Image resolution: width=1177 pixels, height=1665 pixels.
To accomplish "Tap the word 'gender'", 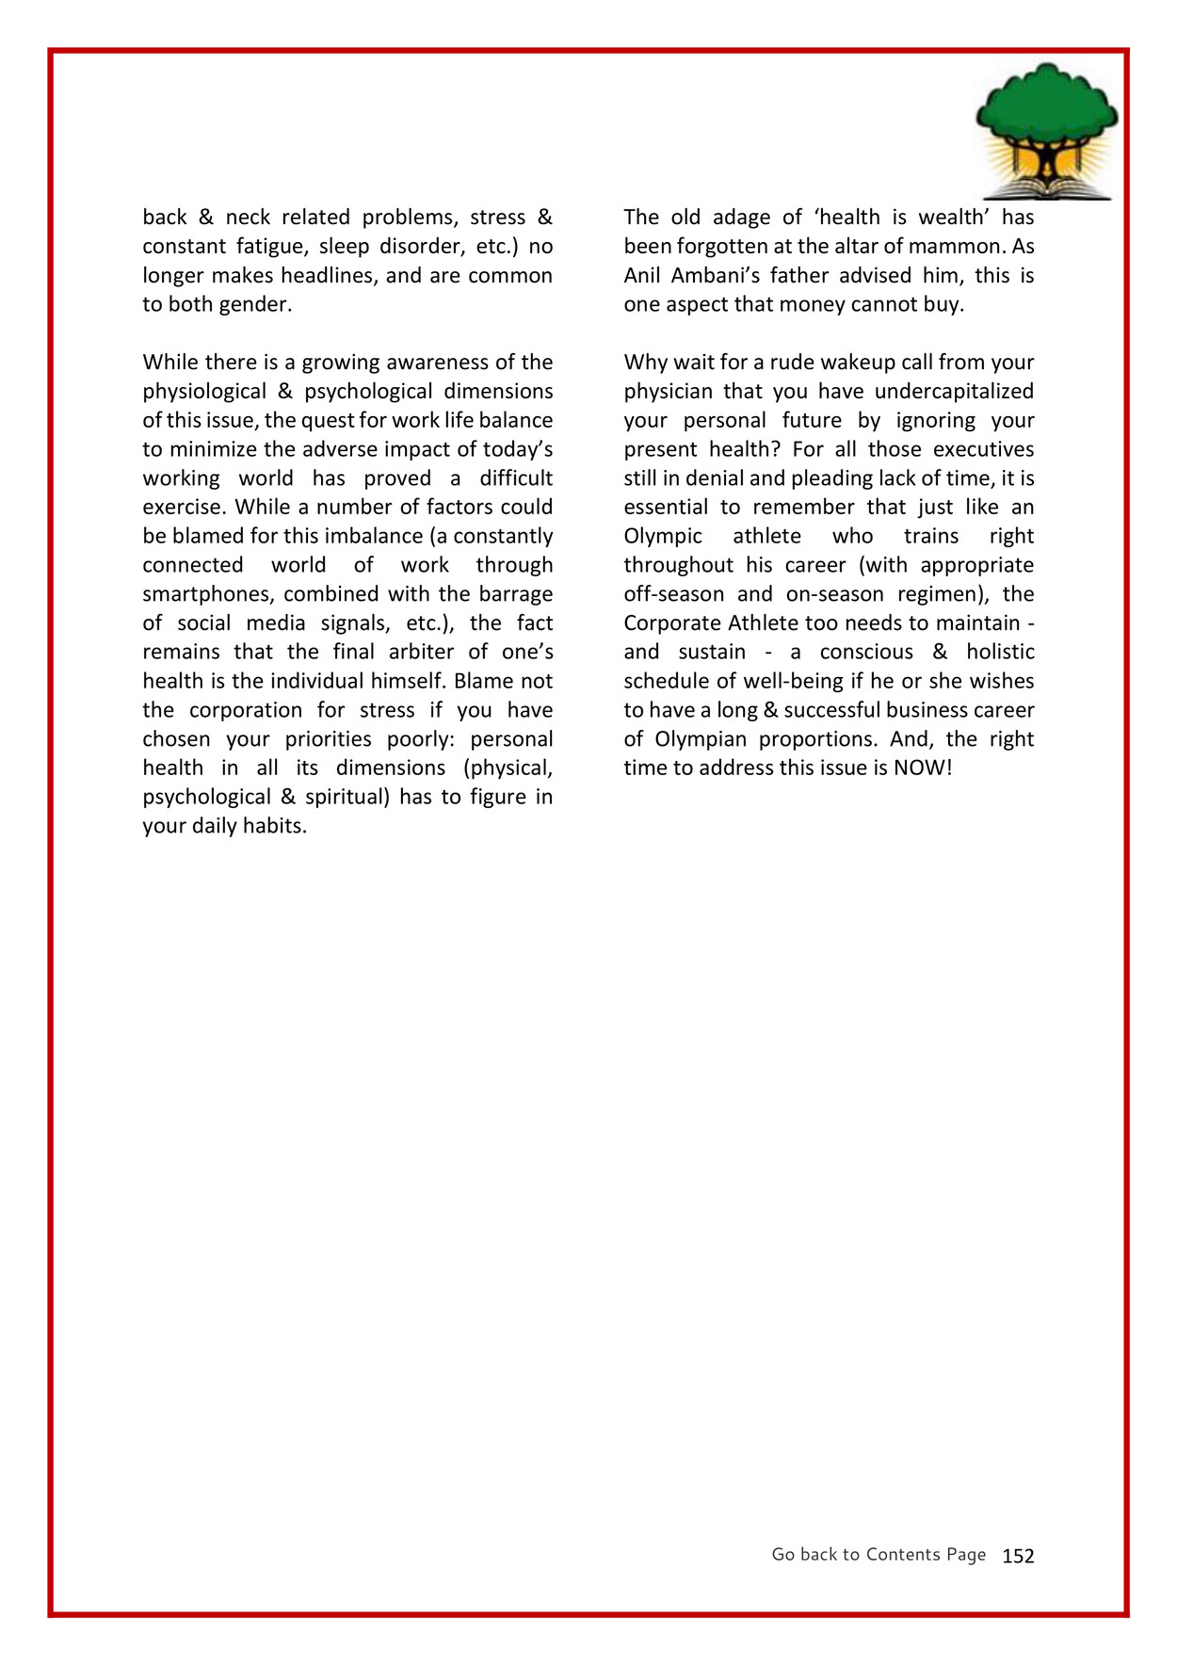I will click(x=256, y=305).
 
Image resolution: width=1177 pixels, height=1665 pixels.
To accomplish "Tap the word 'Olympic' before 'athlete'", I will click(x=663, y=537).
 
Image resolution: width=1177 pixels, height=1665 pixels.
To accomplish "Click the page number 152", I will click(x=1018, y=1556).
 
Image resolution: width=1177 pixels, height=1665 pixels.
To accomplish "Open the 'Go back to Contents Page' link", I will click(x=879, y=1555).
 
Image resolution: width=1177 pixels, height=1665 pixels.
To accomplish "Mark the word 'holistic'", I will click(x=1000, y=653).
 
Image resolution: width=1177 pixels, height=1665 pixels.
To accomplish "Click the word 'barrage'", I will click(x=516, y=594).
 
